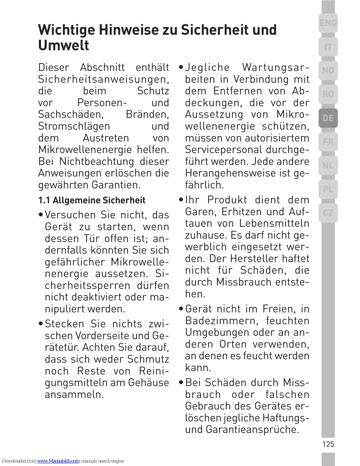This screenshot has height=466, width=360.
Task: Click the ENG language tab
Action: coord(328,23)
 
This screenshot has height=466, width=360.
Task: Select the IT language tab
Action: coord(328,47)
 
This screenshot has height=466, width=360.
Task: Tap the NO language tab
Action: coord(328,70)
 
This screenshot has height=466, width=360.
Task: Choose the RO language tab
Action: coord(328,94)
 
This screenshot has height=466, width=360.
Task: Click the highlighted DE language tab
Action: coord(328,118)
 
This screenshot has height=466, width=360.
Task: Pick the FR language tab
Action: coord(328,142)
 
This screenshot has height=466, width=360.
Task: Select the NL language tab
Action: coord(328,166)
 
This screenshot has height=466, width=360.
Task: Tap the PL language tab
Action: coord(328,189)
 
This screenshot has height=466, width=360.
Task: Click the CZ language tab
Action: coord(328,213)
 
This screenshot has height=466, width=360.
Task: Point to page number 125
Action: coord(328,444)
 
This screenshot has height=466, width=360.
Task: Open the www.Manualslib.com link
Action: coord(58,461)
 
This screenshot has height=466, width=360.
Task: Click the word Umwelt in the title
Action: coord(64,45)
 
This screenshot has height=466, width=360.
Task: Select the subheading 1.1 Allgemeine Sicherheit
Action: coord(92,200)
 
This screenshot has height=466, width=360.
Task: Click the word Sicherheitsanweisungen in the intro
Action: coord(103,79)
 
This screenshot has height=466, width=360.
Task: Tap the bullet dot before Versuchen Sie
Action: coord(41,215)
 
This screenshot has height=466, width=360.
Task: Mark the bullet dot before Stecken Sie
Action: coord(41,324)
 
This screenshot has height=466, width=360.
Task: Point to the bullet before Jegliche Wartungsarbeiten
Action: coord(181,68)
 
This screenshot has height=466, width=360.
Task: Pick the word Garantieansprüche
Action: coord(252,430)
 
